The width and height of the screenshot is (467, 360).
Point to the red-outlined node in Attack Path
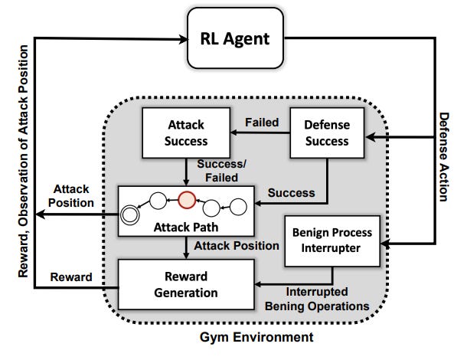[x=187, y=200]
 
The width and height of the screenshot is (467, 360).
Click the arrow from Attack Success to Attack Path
[x=185, y=167]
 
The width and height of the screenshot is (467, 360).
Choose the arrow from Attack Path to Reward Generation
[x=185, y=247]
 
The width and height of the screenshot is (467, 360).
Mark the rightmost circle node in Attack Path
[x=237, y=207]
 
